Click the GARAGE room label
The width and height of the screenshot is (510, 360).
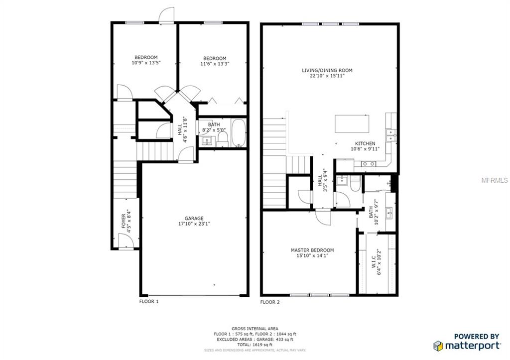[194, 218]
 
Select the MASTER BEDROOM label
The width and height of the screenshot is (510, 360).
[312, 250]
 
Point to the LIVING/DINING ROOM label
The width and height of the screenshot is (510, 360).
[327, 70]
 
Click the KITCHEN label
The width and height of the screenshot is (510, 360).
[365, 143]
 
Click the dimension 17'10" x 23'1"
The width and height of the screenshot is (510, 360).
[194, 224]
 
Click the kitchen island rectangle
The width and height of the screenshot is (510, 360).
[353, 123]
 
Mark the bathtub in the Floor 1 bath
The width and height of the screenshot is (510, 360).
[239, 133]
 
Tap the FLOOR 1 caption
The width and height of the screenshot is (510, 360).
[149, 301]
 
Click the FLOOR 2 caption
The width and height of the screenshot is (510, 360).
[270, 302]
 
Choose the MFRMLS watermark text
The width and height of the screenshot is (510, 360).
[494, 180]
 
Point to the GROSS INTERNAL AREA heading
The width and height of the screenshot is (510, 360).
[255, 329]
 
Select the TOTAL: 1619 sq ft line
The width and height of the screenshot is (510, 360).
[255, 345]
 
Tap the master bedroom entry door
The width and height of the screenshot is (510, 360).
[322, 217]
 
